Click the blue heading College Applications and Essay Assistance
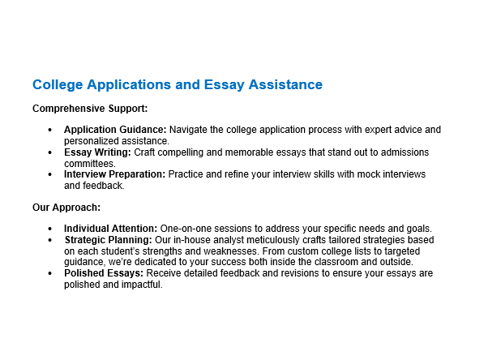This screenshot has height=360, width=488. (x=177, y=85)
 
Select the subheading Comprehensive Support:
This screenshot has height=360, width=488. (x=89, y=108)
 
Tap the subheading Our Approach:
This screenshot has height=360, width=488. (x=66, y=208)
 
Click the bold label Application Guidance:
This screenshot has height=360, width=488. (x=115, y=130)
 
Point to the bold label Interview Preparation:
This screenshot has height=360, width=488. (x=115, y=174)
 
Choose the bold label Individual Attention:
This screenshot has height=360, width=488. (x=111, y=229)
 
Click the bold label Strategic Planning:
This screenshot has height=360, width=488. (x=109, y=240)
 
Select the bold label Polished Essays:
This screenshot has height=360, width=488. (x=103, y=273)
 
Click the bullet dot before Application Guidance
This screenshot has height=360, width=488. (x=50, y=130)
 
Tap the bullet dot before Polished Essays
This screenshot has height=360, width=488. (x=50, y=274)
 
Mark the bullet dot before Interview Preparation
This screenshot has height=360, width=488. (x=50, y=175)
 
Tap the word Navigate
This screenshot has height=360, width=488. (x=191, y=130)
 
